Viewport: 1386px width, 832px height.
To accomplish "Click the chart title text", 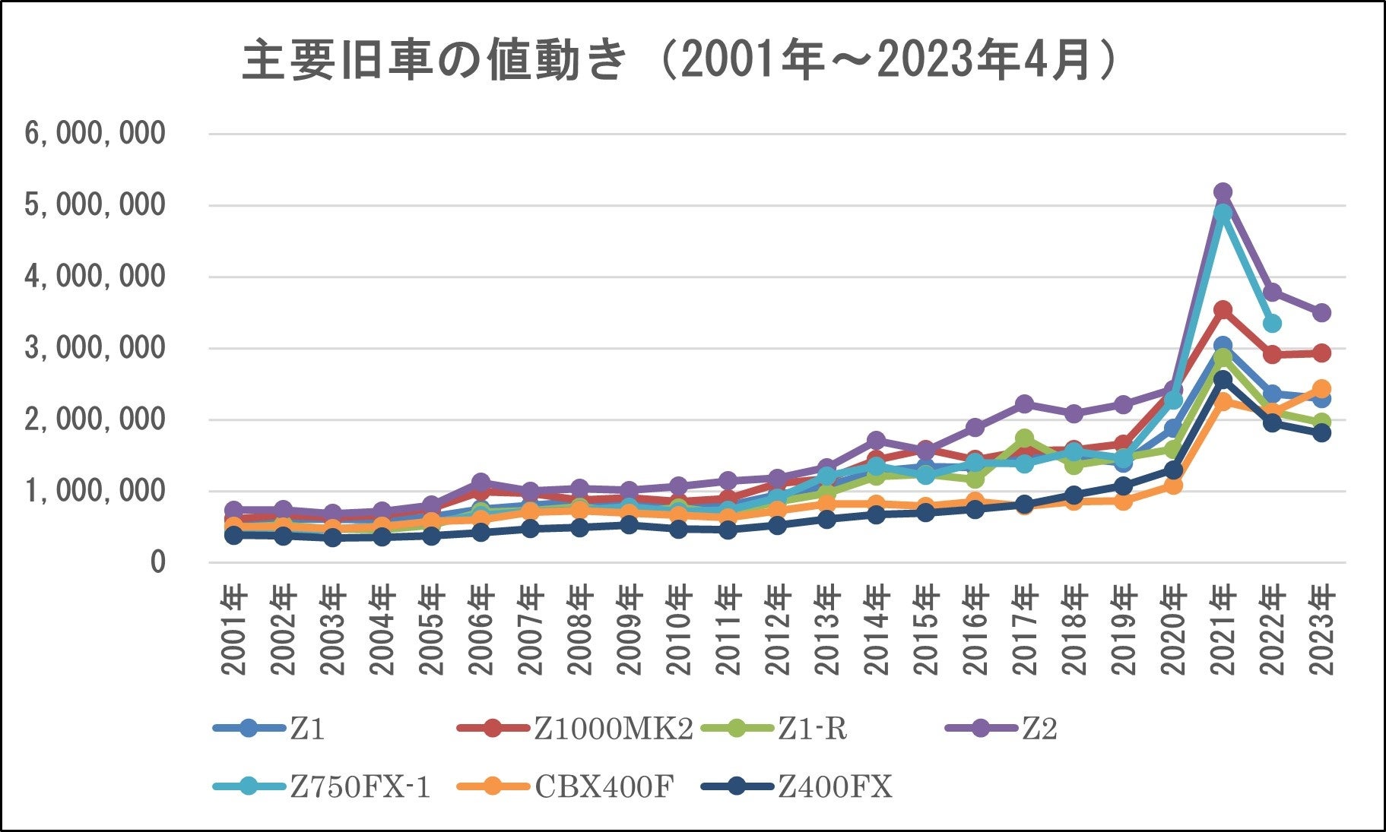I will pos(679,62).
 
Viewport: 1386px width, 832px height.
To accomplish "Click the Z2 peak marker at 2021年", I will pos(1223,191).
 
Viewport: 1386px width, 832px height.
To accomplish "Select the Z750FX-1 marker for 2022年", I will pos(1272,323).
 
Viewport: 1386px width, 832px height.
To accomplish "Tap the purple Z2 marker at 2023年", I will pos(1321,312).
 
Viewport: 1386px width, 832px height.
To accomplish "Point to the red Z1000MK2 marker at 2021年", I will pos(1223,309).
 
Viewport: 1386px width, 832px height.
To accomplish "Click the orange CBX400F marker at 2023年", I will pos(1321,388).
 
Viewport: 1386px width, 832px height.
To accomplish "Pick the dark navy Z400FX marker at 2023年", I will pos(1321,432).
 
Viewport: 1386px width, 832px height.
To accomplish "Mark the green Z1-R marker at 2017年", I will pos(1024,438).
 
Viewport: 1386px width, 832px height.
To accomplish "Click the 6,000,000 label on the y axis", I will pos(95,134).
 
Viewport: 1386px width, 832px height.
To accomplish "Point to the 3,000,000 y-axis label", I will pos(95,348).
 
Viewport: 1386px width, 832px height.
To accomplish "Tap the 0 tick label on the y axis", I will pos(157,562).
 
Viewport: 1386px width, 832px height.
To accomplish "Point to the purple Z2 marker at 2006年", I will pos(481,482).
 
